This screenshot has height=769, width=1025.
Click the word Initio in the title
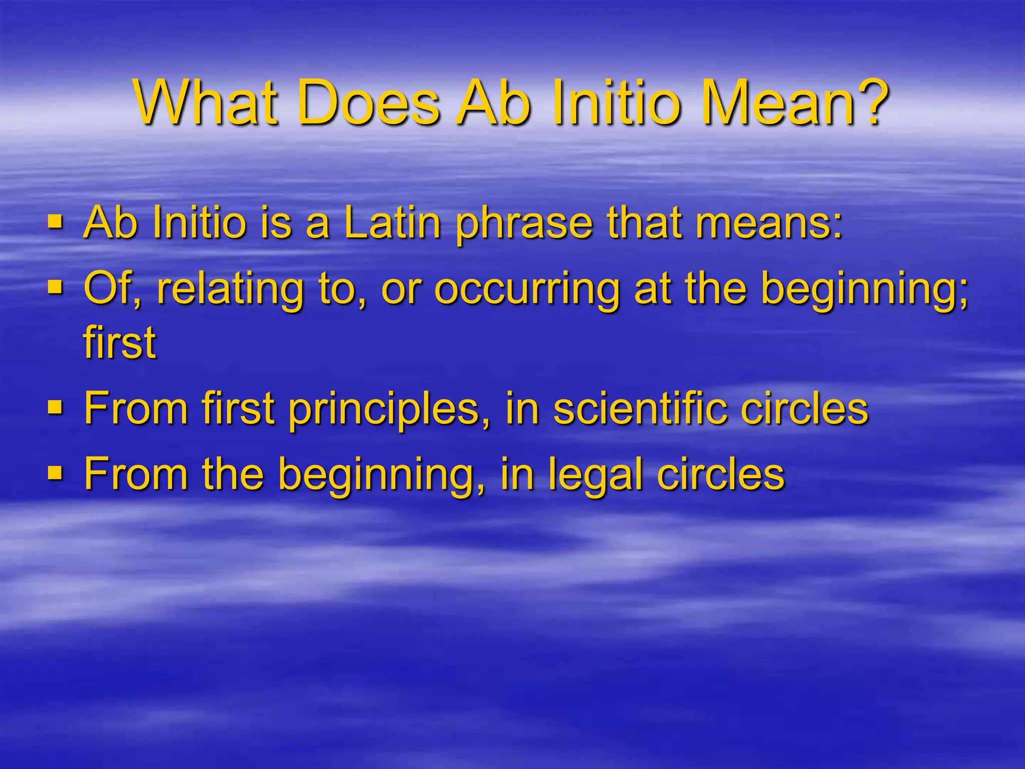[610, 104]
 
